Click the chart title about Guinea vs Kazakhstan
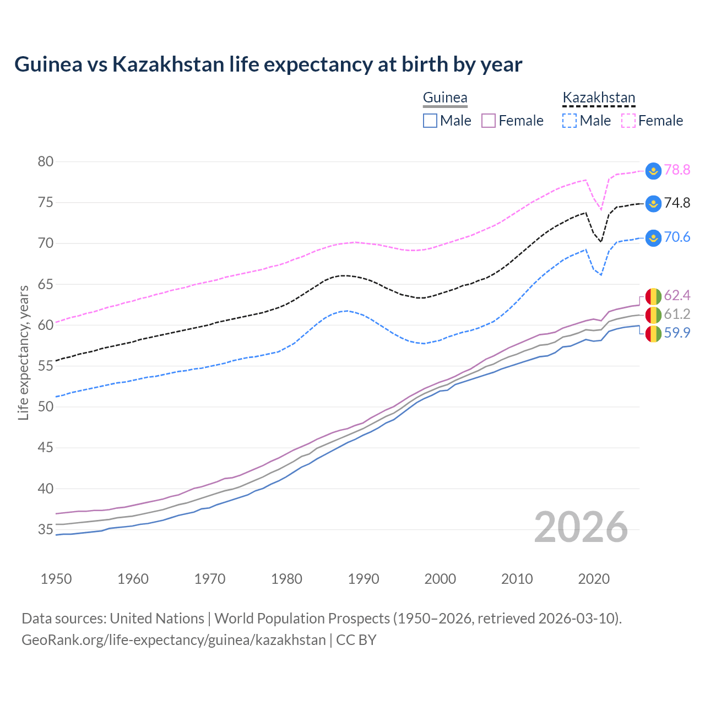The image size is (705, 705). coord(268,64)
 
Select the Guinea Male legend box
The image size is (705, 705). coord(430,121)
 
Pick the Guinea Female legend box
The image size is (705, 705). coord(489,121)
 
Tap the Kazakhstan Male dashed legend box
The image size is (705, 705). coord(570,121)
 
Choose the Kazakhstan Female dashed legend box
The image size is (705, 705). coord(628,121)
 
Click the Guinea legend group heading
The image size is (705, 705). coord(445,97)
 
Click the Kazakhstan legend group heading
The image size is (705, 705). coord(599,97)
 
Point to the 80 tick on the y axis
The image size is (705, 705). coord(46,161)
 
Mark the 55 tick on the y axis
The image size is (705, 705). coord(46,366)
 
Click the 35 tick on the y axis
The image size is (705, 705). coord(46,529)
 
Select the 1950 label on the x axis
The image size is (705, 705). coord(56,579)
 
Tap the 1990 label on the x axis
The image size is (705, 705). coord(364,579)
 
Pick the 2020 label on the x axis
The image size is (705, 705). coord(594,579)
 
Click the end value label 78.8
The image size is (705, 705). coord(677,170)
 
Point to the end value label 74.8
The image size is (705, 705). coord(677,203)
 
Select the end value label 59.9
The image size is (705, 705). coord(677,333)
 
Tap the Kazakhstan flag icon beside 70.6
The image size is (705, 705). coord(653,238)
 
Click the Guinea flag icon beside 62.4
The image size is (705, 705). coord(653,296)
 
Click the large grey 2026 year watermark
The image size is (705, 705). coord(581,527)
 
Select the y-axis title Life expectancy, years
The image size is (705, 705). coord(23,352)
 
